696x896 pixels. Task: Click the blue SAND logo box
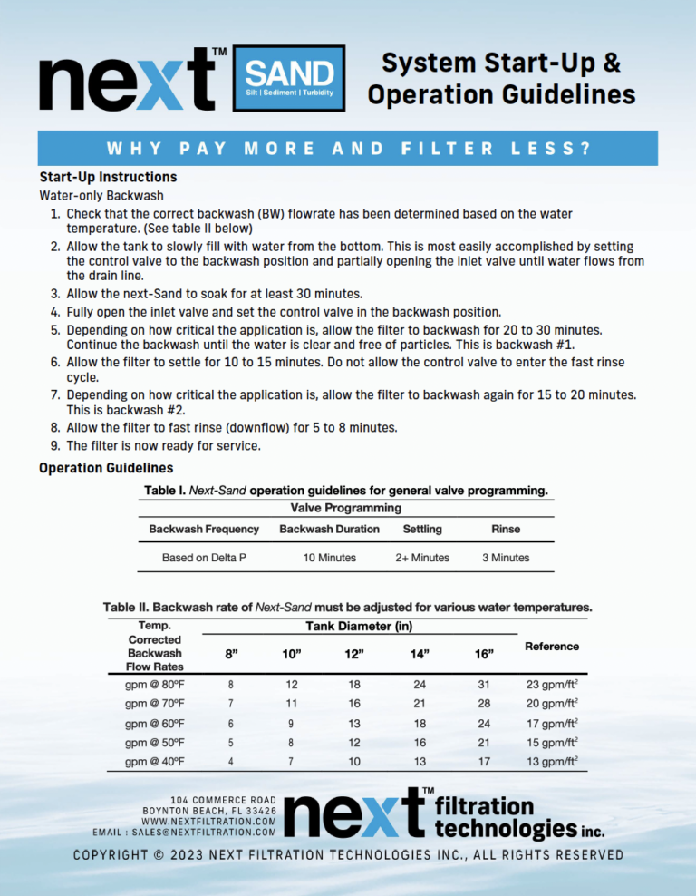289,78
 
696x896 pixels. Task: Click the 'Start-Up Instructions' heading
108,177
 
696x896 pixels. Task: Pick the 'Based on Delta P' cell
204,558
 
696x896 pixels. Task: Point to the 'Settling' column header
421,529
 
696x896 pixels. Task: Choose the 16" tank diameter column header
484,653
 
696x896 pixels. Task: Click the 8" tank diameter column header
232,653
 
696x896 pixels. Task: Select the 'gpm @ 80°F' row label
155,685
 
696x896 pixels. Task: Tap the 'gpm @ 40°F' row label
155,762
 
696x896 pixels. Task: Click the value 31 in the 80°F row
484,685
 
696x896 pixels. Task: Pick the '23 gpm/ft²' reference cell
552,685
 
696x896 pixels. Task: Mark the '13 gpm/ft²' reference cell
552,762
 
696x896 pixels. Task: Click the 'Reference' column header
552,646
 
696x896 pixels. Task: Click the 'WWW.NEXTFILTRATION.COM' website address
209,820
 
